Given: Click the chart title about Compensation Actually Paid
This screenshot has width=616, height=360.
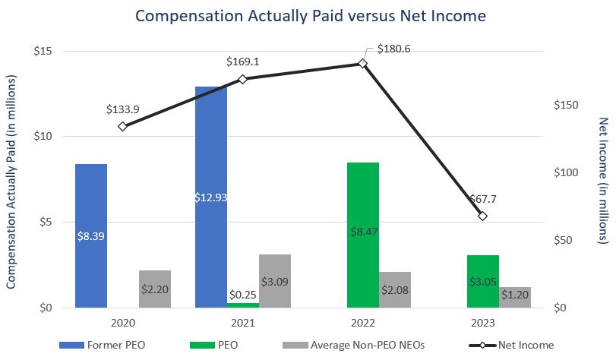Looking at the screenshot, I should coord(309,14).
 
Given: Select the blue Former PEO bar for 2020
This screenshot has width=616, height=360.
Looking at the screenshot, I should coord(91,235).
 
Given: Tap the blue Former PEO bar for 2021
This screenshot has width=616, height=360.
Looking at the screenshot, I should coord(211,197).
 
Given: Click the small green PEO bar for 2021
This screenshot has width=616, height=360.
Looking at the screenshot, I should coord(243,305).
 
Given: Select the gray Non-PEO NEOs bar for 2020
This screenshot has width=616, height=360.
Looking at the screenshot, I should coord(155,289).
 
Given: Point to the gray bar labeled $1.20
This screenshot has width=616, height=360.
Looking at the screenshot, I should coord(515,297).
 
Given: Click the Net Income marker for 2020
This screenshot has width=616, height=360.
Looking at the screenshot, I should coord(122,126).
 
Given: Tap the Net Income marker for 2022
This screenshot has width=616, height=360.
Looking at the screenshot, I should coord(362,64).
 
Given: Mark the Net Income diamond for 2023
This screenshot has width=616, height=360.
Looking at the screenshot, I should coord(483,216).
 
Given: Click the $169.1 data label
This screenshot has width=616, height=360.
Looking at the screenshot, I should coord(243,61).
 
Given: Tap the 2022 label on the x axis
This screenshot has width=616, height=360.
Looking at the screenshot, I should coord(362,323).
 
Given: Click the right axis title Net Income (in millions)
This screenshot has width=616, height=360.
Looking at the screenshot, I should coord(604,180).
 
